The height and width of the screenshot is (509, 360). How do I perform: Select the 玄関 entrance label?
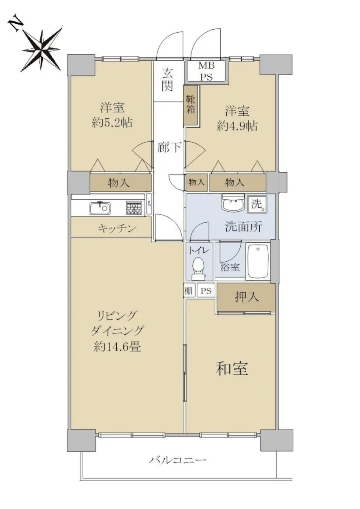click(x=168, y=80)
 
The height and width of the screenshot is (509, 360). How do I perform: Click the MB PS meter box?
click(x=206, y=71)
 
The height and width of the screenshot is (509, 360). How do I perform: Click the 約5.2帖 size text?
click(x=112, y=123)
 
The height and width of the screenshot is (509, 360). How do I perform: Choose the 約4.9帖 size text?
click(x=237, y=126)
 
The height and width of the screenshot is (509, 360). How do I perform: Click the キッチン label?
click(x=117, y=228)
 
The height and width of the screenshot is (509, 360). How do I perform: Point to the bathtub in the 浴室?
click(x=258, y=262)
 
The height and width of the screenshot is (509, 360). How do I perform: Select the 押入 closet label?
click(x=247, y=297)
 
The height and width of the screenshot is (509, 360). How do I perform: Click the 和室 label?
click(x=232, y=369)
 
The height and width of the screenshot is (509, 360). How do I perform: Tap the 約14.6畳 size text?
click(x=117, y=347)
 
